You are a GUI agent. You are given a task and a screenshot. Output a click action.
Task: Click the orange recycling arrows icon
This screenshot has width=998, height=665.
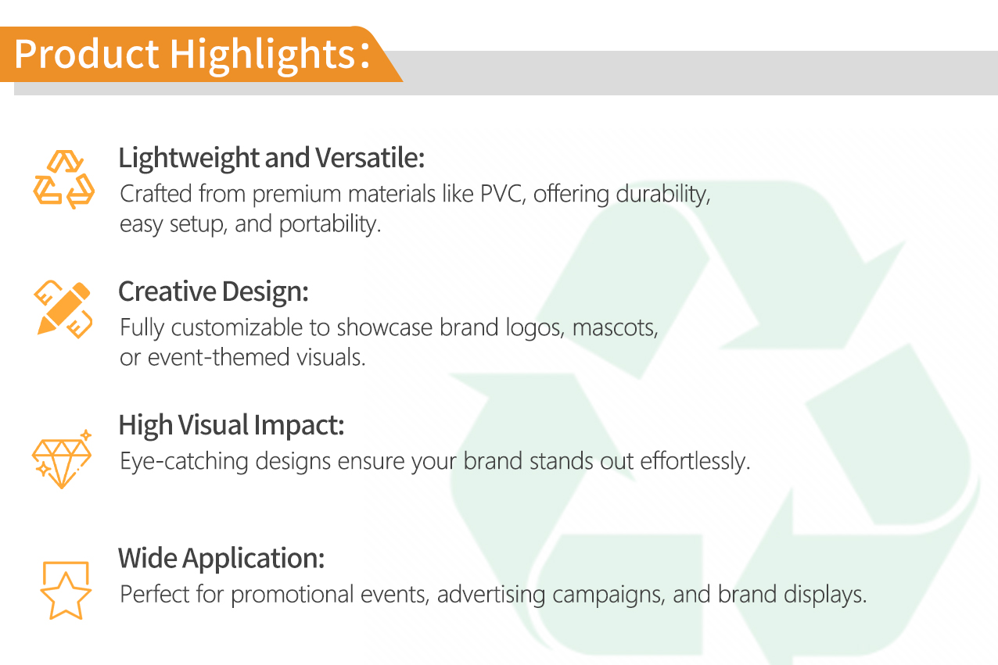(x=63, y=180)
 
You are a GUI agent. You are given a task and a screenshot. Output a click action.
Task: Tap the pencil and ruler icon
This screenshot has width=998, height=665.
(x=63, y=309)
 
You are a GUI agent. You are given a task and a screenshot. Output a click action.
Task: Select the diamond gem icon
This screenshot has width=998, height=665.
(x=62, y=459)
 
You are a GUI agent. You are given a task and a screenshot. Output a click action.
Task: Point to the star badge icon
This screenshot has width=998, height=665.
(x=66, y=591)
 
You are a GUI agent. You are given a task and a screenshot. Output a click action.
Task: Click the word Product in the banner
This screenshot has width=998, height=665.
(x=87, y=54)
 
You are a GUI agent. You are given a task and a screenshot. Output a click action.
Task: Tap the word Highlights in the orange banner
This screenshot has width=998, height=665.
(x=263, y=55)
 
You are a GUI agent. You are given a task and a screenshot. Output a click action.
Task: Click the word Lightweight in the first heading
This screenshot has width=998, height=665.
(x=189, y=159)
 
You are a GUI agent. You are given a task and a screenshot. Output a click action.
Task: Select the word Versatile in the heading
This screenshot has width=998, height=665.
(x=369, y=158)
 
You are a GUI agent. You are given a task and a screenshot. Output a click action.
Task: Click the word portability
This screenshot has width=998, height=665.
(x=330, y=224)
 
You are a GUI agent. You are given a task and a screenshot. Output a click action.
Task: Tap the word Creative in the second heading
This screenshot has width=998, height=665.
(x=167, y=291)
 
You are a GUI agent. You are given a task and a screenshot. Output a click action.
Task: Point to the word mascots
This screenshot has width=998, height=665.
(x=615, y=328)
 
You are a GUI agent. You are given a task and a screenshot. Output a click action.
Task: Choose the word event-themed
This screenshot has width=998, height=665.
(x=218, y=357)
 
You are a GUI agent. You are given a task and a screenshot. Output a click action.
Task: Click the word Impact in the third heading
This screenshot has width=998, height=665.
(x=299, y=426)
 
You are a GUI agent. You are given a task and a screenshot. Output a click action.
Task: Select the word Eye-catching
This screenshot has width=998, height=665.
(x=184, y=462)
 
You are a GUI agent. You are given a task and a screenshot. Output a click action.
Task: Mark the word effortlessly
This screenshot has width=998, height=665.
(x=695, y=461)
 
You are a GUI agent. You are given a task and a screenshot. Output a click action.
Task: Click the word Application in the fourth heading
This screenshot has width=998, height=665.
(x=253, y=559)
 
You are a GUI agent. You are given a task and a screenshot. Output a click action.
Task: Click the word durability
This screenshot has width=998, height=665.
(x=663, y=195)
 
